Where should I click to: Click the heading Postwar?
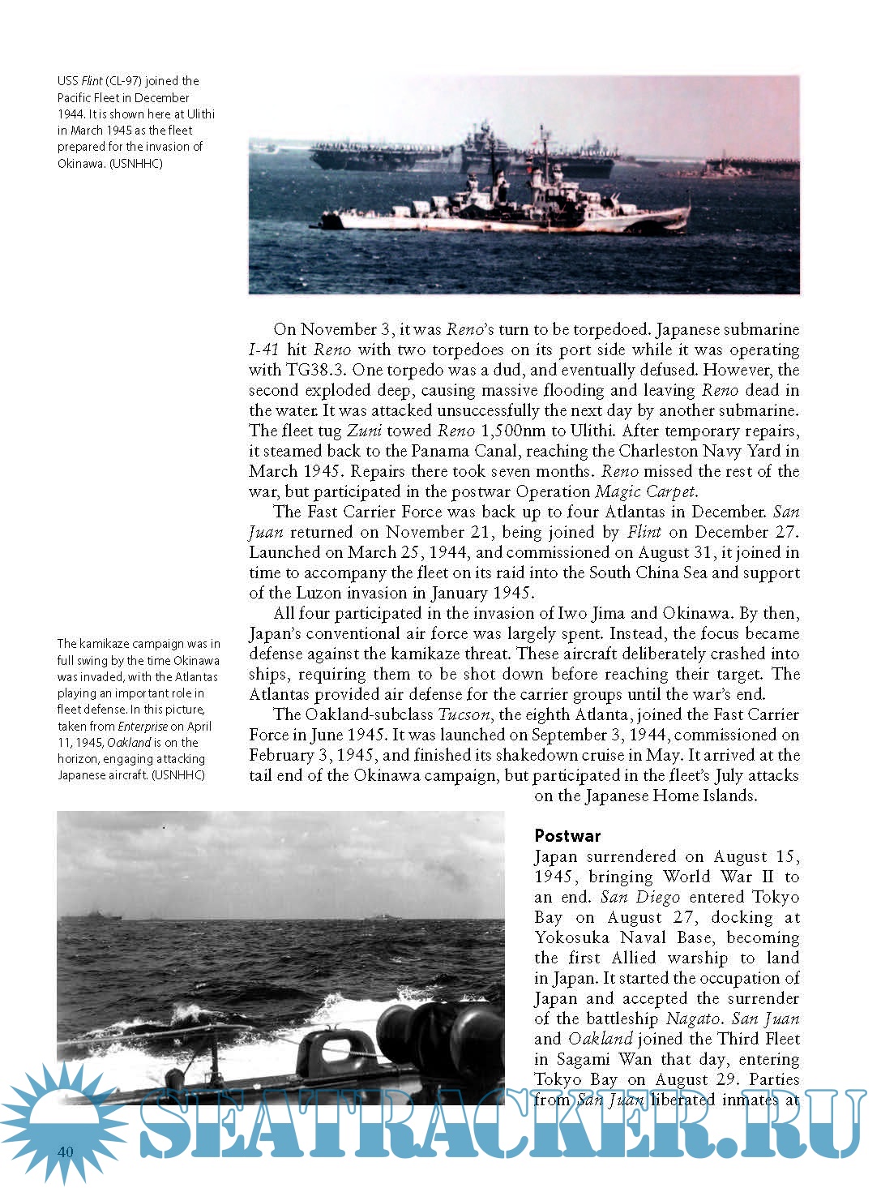point(567,836)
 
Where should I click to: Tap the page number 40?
point(66,1152)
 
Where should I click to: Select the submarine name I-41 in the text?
point(263,350)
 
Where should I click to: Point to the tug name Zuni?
point(364,431)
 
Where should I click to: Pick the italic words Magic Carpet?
point(645,492)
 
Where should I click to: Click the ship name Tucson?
point(464,715)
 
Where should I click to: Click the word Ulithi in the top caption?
point(200,114)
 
